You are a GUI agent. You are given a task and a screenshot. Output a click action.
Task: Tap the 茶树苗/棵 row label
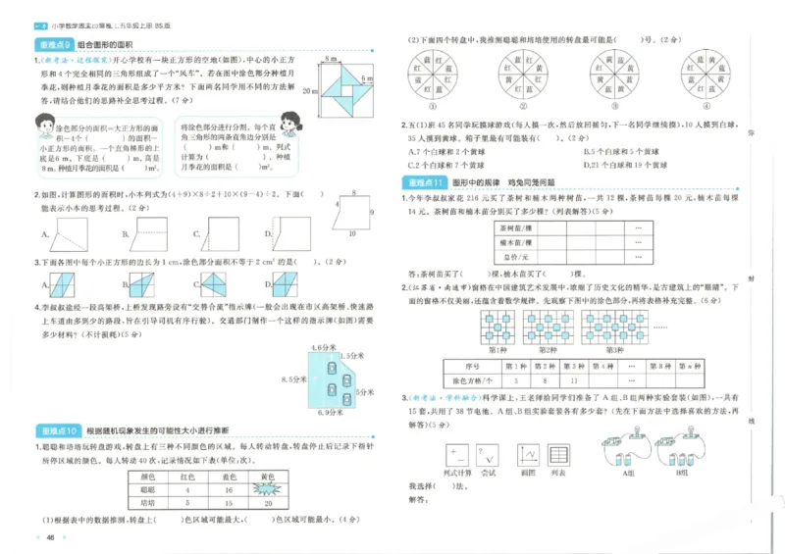click(x=515, y=227)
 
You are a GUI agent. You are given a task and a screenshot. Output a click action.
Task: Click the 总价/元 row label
click(x=515, y=256)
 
